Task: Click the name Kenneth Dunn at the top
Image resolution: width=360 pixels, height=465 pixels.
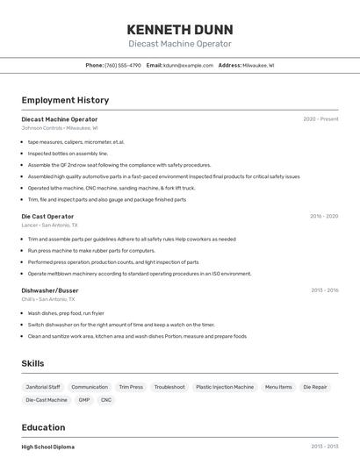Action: pos(180,29)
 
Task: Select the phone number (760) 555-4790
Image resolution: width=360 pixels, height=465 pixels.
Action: pos(122,65)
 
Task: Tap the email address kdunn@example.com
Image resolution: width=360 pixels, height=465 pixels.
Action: pos(188,65)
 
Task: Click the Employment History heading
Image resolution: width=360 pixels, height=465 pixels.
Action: pos(65,100)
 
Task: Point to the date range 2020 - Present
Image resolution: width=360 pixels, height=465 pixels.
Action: pos(320,119)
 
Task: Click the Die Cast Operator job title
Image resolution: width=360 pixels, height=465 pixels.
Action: pos(47,216)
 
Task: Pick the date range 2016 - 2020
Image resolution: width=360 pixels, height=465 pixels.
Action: pos(324,216)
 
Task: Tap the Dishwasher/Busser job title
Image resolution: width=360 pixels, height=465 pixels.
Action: pos(50,290)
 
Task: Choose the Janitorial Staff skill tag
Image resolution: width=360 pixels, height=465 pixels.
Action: pos(42,387)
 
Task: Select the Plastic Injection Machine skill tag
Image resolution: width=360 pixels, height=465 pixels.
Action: pos(225,387)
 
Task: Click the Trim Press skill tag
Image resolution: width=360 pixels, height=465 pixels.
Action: pos(131,387)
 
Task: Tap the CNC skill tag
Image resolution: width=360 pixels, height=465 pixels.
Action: pos(106,400)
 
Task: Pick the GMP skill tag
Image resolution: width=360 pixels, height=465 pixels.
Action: pos(84,400)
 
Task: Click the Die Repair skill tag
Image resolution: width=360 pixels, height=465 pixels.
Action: pos(315,387)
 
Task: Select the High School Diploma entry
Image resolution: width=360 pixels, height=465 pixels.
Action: pos(48,447)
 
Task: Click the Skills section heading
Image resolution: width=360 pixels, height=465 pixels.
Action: pos(32,363)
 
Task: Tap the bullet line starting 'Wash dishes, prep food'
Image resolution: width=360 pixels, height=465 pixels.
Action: pos(66,313)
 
